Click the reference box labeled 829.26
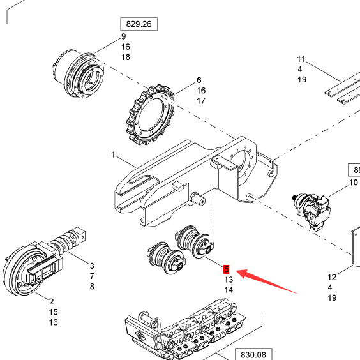click(139, 25)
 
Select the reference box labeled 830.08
click(252, 353)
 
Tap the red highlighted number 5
click(227, 269)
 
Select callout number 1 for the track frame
click(114, 155)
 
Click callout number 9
click(124, 36)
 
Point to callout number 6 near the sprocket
click(199, 80)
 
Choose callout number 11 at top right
click(301, 59)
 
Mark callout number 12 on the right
click(331, 277)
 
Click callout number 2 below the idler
click(52, 302)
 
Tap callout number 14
click(228, 290)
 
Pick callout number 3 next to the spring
click(91, 266)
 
